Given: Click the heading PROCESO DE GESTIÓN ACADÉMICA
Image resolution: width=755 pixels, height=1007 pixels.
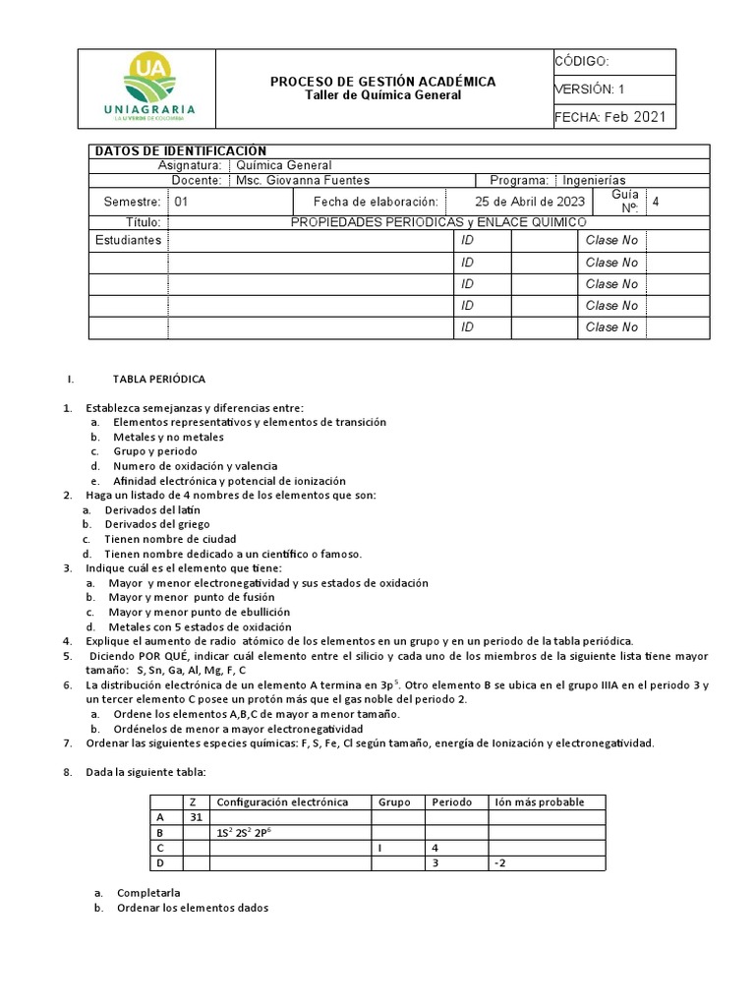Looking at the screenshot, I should point(382,82).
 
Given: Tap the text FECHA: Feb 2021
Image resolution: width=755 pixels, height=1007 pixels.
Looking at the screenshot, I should point(610,117).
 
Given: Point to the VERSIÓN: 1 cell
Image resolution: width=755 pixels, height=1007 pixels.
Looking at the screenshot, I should point(589,89).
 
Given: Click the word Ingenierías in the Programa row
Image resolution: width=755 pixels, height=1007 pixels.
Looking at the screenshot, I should point(596,181).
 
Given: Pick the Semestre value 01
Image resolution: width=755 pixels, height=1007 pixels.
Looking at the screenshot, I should point(181,202).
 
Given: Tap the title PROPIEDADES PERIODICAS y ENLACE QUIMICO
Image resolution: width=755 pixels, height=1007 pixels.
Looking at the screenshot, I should point(438,223).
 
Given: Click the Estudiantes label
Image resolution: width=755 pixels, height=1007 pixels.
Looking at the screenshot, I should point(127,241).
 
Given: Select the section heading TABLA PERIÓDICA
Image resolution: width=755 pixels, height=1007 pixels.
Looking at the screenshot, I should point(159,379).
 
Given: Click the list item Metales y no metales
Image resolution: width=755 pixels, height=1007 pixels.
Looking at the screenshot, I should point(168,437).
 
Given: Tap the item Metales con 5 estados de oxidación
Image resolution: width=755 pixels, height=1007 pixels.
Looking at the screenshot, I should point(200,626).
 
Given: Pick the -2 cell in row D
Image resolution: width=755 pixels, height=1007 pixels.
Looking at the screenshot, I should point(500,862).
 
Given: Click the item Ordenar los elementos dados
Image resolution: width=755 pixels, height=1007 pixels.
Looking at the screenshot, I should point(192,908).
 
